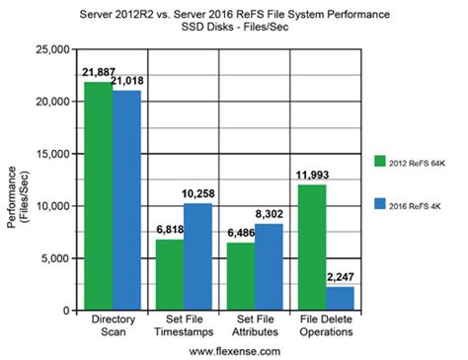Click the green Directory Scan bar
pyautogui.click(x=98, y=196)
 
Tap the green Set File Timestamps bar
pyautogui.click(x=169, y=274)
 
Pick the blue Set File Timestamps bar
pyautogui.click(x=197, y=256)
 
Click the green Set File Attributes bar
pyautogui.click(x=240, y=276)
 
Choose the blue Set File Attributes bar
pyautogui.click(x=269, y=266)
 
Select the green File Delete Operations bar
pyautogui.click(x=311, y=248)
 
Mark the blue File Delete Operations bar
pyautogui.click(x=340, y=298)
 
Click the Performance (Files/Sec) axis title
pyautogui.click(x=19, y=179)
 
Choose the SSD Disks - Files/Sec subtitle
pyautogui.click(x=233, y=27)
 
